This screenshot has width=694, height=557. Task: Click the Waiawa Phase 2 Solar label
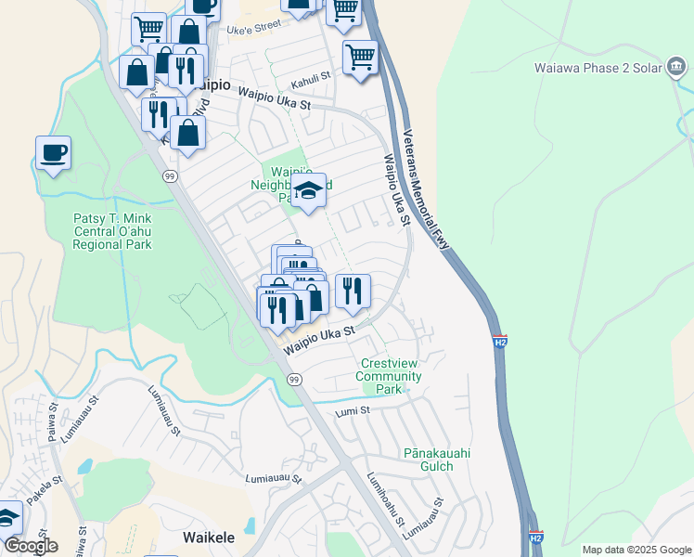(611, 67)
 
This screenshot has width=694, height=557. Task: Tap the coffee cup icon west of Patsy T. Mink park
(53, 152)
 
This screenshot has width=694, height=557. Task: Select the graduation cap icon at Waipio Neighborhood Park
(309, 191)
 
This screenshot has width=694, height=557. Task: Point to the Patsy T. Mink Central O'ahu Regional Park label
(112, 231)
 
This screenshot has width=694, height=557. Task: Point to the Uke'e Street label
(253, 28)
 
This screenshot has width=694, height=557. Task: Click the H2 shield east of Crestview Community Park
(499, 343)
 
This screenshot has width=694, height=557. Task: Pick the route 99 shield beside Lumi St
(294, 380)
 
